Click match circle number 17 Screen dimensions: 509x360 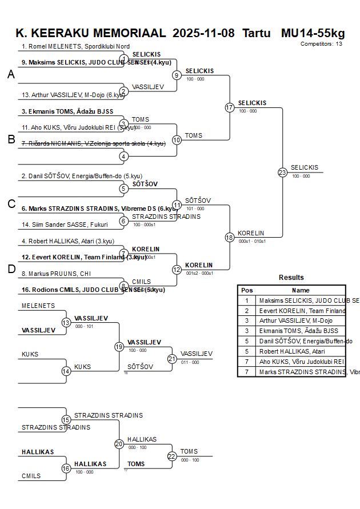click(x=230, y=107)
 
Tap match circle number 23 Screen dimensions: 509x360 click(x=282, y=172)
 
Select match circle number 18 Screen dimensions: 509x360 click(x=230, y=237)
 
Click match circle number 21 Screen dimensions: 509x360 click(x=172, y=359)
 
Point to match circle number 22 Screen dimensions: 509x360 click(x=172, y=456)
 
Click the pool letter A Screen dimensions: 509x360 click(x=11, y=74)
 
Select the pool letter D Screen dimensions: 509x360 click(x=11, y=269)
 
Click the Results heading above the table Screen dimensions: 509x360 click(x=291, y=278)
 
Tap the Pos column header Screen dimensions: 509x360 click(x=247, y=290)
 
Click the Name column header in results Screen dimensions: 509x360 click(x=301, y=290)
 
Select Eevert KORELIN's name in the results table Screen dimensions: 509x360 click(x=302, y=311)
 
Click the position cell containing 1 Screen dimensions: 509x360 click(x=247, y=300)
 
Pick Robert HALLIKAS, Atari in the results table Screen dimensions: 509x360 click(x=292, y=352)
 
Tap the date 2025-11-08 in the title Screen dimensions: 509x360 click(x=203, y=33)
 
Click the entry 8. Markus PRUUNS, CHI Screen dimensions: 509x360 click(x=56, y=274)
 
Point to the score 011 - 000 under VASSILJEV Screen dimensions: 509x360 click(x=190, y=362)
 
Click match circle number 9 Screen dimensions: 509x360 click(x=177, y=75)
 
